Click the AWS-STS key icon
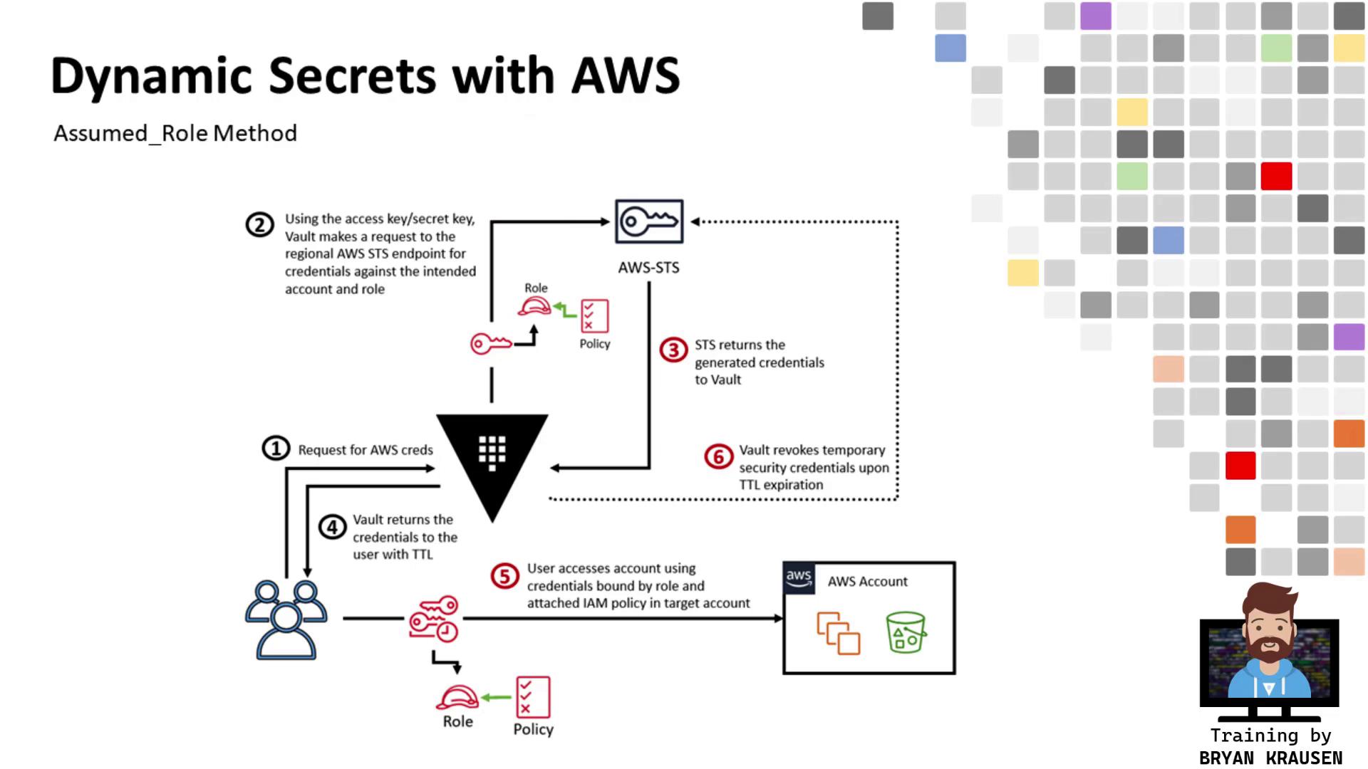649,221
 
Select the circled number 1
276,449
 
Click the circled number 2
259,225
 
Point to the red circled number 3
673,350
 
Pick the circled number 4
332,528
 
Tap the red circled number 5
504,576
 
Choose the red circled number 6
718,456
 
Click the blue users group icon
286,619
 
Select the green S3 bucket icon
906,632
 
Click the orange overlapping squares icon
839,633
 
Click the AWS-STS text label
648,268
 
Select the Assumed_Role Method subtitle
175,133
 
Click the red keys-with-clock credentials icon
434,619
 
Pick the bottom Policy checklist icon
533,697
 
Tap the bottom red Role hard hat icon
457,697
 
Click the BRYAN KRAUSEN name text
1270,758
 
